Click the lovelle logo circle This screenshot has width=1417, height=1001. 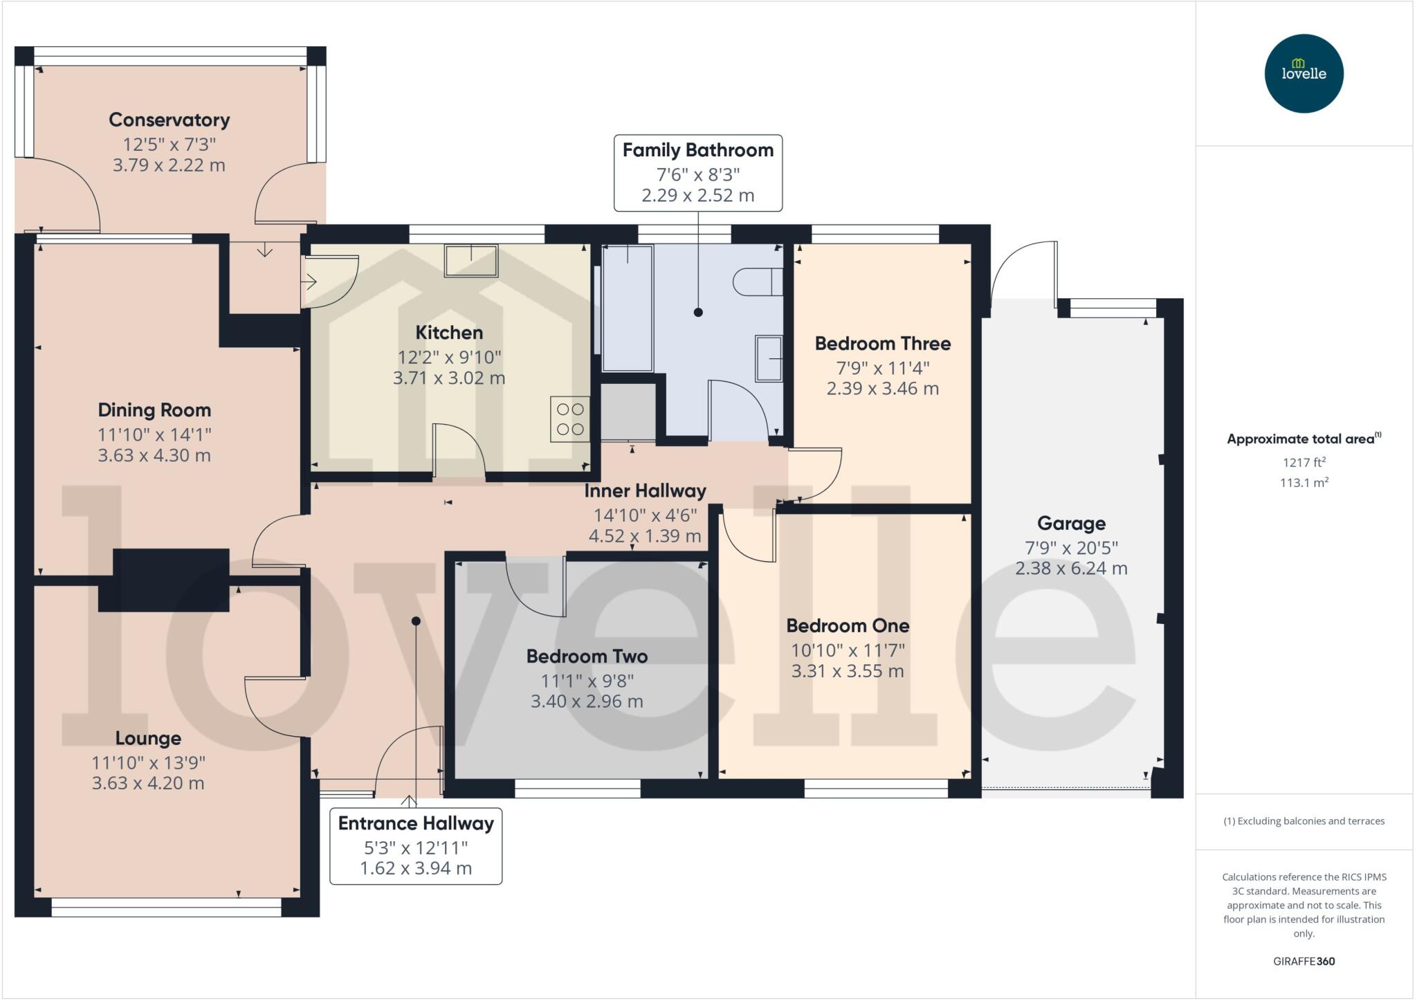click(1304, 73)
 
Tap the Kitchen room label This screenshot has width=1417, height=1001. click(449, 333)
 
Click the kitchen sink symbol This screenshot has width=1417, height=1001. click(471, 261)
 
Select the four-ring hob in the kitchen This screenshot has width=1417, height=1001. click(570, 419)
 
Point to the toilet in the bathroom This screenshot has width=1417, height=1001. click(757, 282)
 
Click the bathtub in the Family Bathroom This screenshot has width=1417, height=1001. click(628, 309)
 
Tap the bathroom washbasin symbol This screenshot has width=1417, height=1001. click(769, 358)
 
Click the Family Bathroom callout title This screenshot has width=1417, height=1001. click(697, 150)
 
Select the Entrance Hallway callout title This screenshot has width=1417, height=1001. click(416, 823)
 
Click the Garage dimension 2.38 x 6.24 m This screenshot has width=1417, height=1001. click(1071, 569)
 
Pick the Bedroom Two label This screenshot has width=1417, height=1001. click(587, 656)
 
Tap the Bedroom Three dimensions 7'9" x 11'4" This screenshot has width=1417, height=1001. click(882, 367)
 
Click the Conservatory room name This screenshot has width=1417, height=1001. click(170, 120)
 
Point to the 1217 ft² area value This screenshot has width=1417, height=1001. click(1304, 462)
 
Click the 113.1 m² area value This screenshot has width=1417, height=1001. click(1304, 483)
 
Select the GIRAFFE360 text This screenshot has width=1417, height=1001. click(1304, 961)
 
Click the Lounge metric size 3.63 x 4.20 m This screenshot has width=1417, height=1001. click(148, 783)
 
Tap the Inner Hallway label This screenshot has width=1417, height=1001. click(645, 491)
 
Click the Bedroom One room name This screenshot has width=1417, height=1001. click(848, 626)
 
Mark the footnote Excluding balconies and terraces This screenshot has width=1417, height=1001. click(1304, 821)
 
